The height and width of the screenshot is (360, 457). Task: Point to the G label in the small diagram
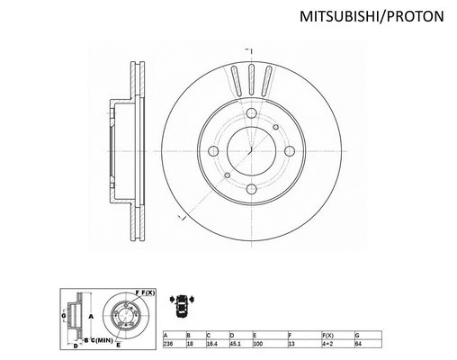pos(64,316)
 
